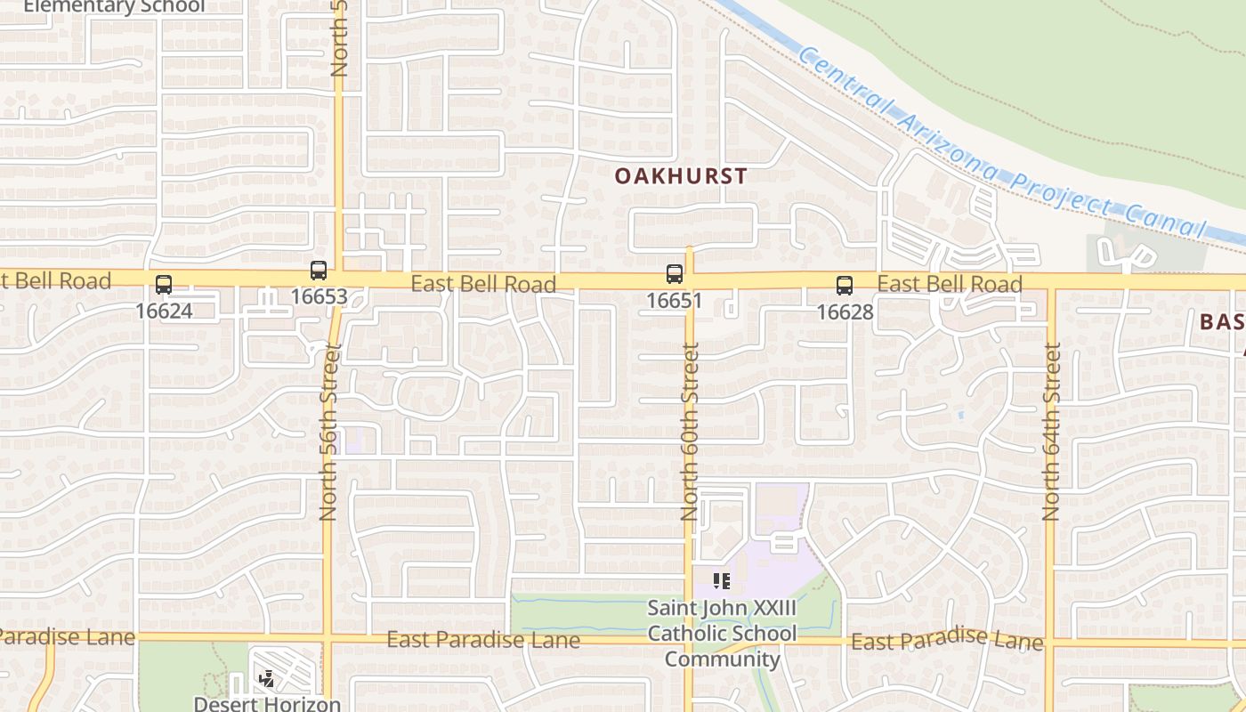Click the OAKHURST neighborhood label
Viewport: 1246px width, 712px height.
coord(681,175)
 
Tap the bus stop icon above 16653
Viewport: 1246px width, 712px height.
coord(319,270)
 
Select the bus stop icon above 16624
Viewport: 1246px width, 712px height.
coord(164,285)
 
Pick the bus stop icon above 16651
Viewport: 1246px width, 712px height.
coord(675,274)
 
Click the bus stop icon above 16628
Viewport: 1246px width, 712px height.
coord(845,286)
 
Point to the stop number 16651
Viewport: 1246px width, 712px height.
coord(675,301)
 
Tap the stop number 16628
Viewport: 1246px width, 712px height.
coord(845,312)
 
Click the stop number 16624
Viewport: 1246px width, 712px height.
coord(164,311)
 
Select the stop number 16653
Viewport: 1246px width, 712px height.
coord(319,296)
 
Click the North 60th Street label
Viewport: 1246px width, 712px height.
coord(690,432)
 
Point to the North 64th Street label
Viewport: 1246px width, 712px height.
coord(1052,432)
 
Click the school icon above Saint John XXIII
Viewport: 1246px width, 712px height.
coord(722,582)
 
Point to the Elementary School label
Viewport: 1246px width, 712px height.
coord(113,6)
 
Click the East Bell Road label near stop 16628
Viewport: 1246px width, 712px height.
coord(949,285)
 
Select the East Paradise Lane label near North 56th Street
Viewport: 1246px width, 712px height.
coord(483,640)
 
